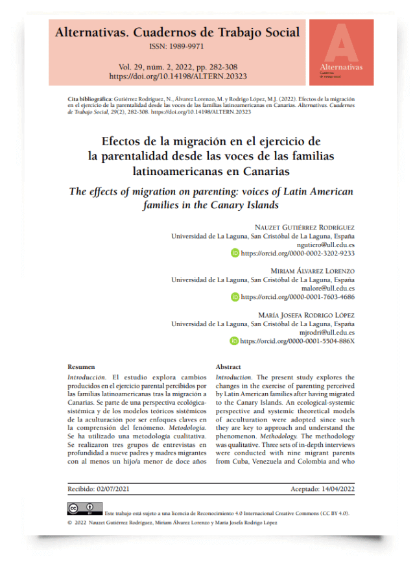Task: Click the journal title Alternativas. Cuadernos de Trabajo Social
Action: point(178,32)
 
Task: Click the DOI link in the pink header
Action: point(178,76)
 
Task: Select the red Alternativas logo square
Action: point(341,52)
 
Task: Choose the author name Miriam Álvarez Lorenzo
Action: point(312,271)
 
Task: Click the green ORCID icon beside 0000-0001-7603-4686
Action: point(235,297)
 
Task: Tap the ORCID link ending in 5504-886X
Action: point(298,340)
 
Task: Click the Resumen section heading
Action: point(82,367)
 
